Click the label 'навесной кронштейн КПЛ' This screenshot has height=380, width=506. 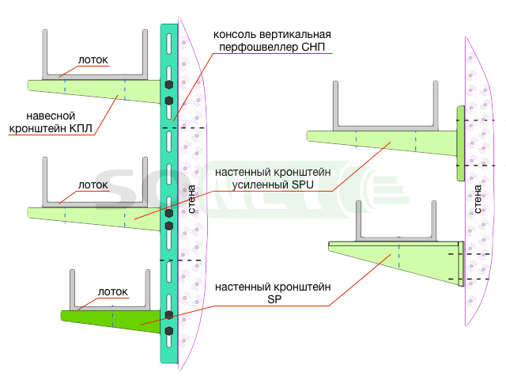51,122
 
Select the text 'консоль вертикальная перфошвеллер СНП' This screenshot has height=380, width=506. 272,40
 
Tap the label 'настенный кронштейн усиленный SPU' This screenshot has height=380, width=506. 273,178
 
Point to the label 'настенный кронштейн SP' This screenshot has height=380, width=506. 273,293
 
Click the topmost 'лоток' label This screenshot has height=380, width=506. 93,60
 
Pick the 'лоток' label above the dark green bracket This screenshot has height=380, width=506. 113,292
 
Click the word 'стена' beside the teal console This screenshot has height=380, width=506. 191,199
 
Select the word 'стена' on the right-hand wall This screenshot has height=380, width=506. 478,199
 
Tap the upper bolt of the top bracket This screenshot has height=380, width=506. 169,85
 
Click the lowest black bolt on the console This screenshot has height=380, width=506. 169,331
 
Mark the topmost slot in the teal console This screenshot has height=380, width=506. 168,44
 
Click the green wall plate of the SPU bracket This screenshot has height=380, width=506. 460,143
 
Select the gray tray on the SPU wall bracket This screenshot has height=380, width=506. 386,126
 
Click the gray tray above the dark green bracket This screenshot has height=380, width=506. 110,307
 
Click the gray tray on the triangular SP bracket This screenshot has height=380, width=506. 396,237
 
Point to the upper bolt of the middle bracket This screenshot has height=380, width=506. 169,213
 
